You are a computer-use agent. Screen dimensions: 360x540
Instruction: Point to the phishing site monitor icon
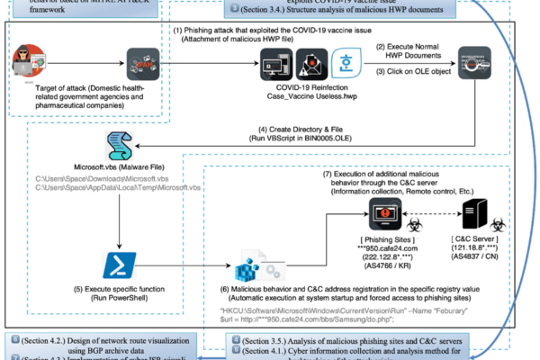pos(391,215)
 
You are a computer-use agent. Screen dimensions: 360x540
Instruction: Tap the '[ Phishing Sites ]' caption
pos(388,244)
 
